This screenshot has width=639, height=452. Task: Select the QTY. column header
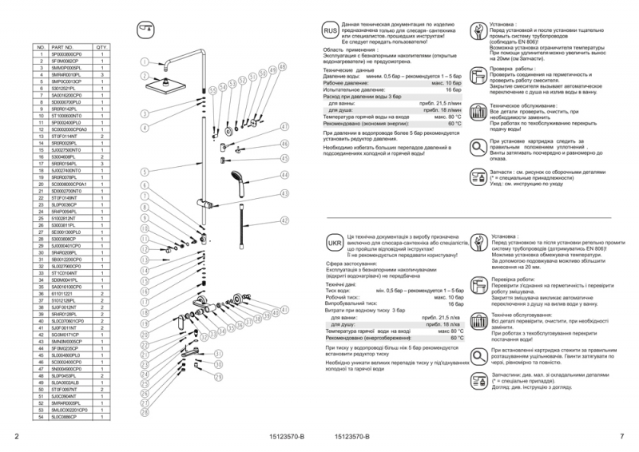coord(101,47)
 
